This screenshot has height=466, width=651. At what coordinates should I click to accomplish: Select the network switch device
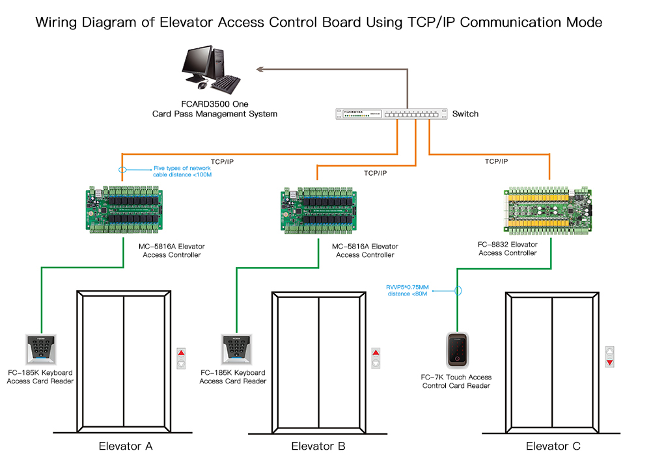pos(391,114)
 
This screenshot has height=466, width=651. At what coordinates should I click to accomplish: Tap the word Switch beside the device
pos(465,114)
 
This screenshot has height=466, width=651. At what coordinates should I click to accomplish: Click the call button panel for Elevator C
pos(609,357)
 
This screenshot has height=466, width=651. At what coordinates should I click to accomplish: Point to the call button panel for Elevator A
pos(181,358)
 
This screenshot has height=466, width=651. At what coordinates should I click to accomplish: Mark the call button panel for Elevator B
pos(375,358)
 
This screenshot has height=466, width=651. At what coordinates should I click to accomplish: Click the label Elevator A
pos(125,446)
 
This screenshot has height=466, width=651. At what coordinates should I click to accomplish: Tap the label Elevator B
pos(318,446)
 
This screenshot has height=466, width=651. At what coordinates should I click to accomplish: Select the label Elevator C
pos(553,446)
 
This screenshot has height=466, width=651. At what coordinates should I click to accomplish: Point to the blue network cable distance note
pos(183,171)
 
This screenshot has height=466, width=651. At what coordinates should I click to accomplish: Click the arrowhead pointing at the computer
pos(259,68)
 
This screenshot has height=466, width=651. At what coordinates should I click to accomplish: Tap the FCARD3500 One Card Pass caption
pos(214,109)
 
